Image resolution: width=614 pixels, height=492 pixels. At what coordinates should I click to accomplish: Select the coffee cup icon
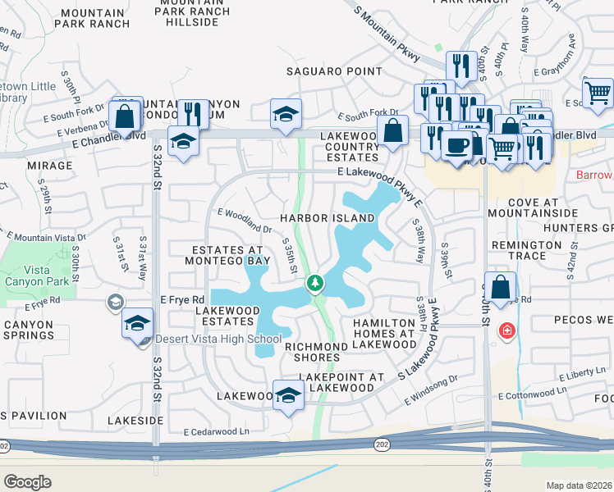(x=456, y=145)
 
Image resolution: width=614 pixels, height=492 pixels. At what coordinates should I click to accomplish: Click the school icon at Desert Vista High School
(x=138, y=322)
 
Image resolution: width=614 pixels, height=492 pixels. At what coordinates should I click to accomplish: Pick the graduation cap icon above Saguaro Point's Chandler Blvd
(x=286, y=114)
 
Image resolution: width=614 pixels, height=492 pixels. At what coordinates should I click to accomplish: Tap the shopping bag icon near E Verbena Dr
(x=126, y=116)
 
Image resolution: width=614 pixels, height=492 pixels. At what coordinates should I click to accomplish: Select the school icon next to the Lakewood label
(x=287, y=396)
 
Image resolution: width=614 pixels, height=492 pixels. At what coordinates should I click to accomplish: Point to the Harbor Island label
(x=327, y=218)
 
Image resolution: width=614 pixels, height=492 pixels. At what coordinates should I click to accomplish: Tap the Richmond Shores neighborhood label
(x=316, y=353)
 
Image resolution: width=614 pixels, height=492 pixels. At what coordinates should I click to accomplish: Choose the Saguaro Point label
(x=334, y=71)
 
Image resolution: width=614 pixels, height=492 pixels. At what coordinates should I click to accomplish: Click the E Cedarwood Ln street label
(x=216, y=431)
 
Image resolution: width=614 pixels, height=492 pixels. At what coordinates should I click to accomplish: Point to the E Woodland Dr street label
(x=245, y=215)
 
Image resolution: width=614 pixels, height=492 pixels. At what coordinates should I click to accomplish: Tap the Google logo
(x=27, y=481)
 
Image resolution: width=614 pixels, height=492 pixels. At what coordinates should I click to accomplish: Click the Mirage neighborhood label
(x=49, y=165)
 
